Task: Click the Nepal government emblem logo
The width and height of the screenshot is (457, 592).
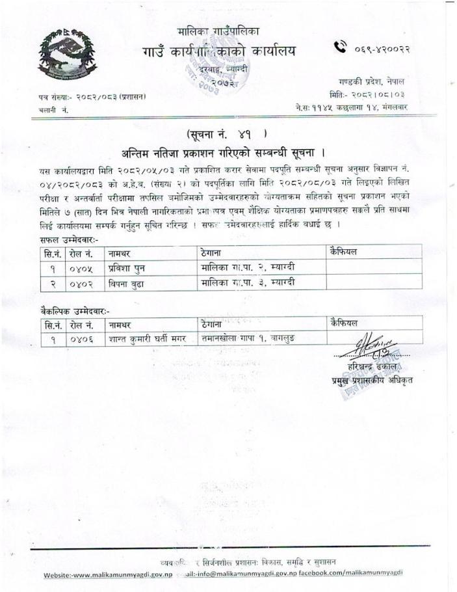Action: tap(66, 55)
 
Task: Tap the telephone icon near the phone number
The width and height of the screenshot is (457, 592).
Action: tap(341, 47)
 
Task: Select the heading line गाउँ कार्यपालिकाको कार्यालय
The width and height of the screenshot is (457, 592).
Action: tap(218, 52)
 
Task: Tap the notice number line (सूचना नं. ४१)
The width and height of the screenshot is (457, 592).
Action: tap(227, 135)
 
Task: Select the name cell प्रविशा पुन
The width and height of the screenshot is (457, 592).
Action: tap(129, 267)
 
